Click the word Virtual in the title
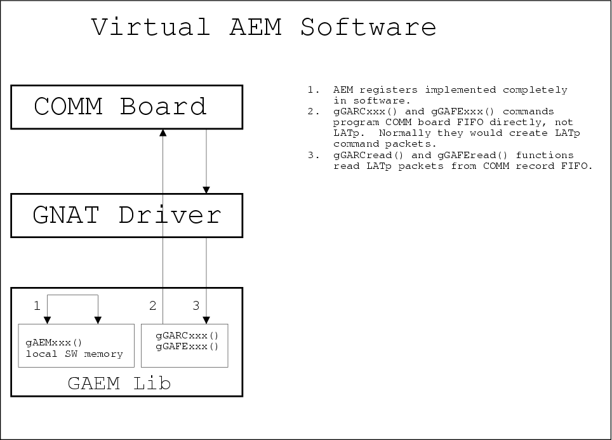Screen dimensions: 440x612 click(150, 28)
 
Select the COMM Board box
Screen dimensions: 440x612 click(126, 106)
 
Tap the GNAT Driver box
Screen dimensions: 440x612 click(126, 215)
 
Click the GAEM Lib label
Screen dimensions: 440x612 click(119, 383)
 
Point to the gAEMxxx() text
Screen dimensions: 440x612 click(54, 342)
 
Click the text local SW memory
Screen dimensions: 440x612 click(74, 354)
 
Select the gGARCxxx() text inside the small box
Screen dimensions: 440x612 click(187, 335)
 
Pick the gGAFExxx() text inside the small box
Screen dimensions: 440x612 click(187, 347)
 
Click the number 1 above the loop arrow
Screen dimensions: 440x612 click(37, 306)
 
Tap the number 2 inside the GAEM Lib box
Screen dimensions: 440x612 click(152, 306)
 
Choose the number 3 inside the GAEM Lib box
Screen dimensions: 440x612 click(196, 306)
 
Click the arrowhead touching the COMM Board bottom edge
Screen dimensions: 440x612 click(163, 132)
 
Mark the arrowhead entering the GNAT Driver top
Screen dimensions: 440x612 click(206, 190)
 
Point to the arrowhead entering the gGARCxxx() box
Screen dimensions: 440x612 click(206, 320)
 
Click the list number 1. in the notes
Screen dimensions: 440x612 click(314, 90)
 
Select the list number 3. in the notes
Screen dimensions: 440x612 click(314, 155)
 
